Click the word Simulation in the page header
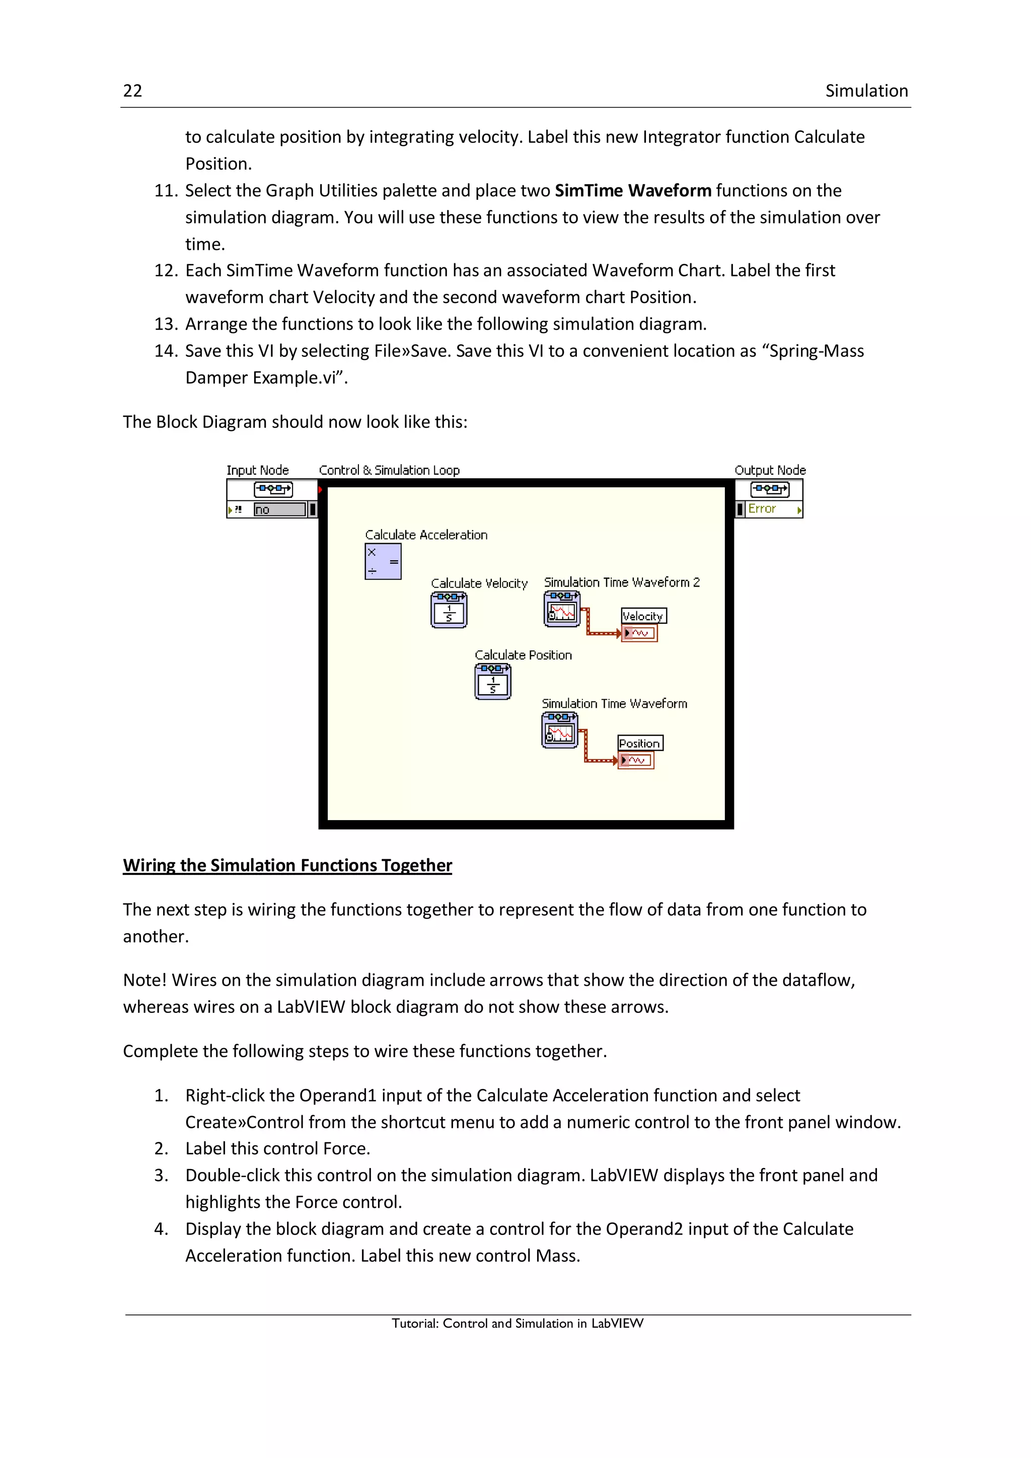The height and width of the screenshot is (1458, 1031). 866,91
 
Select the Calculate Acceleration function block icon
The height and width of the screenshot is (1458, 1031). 383,561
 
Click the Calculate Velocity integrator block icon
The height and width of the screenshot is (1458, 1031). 449,610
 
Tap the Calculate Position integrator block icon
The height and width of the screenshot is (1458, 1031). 493,682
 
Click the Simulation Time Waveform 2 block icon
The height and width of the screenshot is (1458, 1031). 562,609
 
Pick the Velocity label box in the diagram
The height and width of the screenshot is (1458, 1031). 643,616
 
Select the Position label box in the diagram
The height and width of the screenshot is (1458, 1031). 640,744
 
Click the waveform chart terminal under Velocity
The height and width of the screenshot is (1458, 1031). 639,633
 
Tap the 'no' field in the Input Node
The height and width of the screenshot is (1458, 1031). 279,509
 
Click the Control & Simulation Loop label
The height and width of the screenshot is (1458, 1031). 389,470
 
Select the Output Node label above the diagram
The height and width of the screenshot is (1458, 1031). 769,470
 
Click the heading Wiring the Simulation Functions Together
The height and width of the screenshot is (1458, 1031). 287,865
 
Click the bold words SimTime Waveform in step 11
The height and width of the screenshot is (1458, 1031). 632,190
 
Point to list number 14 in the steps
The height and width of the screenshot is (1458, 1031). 166,351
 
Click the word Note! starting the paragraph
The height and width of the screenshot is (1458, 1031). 145,980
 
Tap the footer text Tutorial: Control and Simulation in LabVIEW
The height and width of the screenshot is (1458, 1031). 517,1324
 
